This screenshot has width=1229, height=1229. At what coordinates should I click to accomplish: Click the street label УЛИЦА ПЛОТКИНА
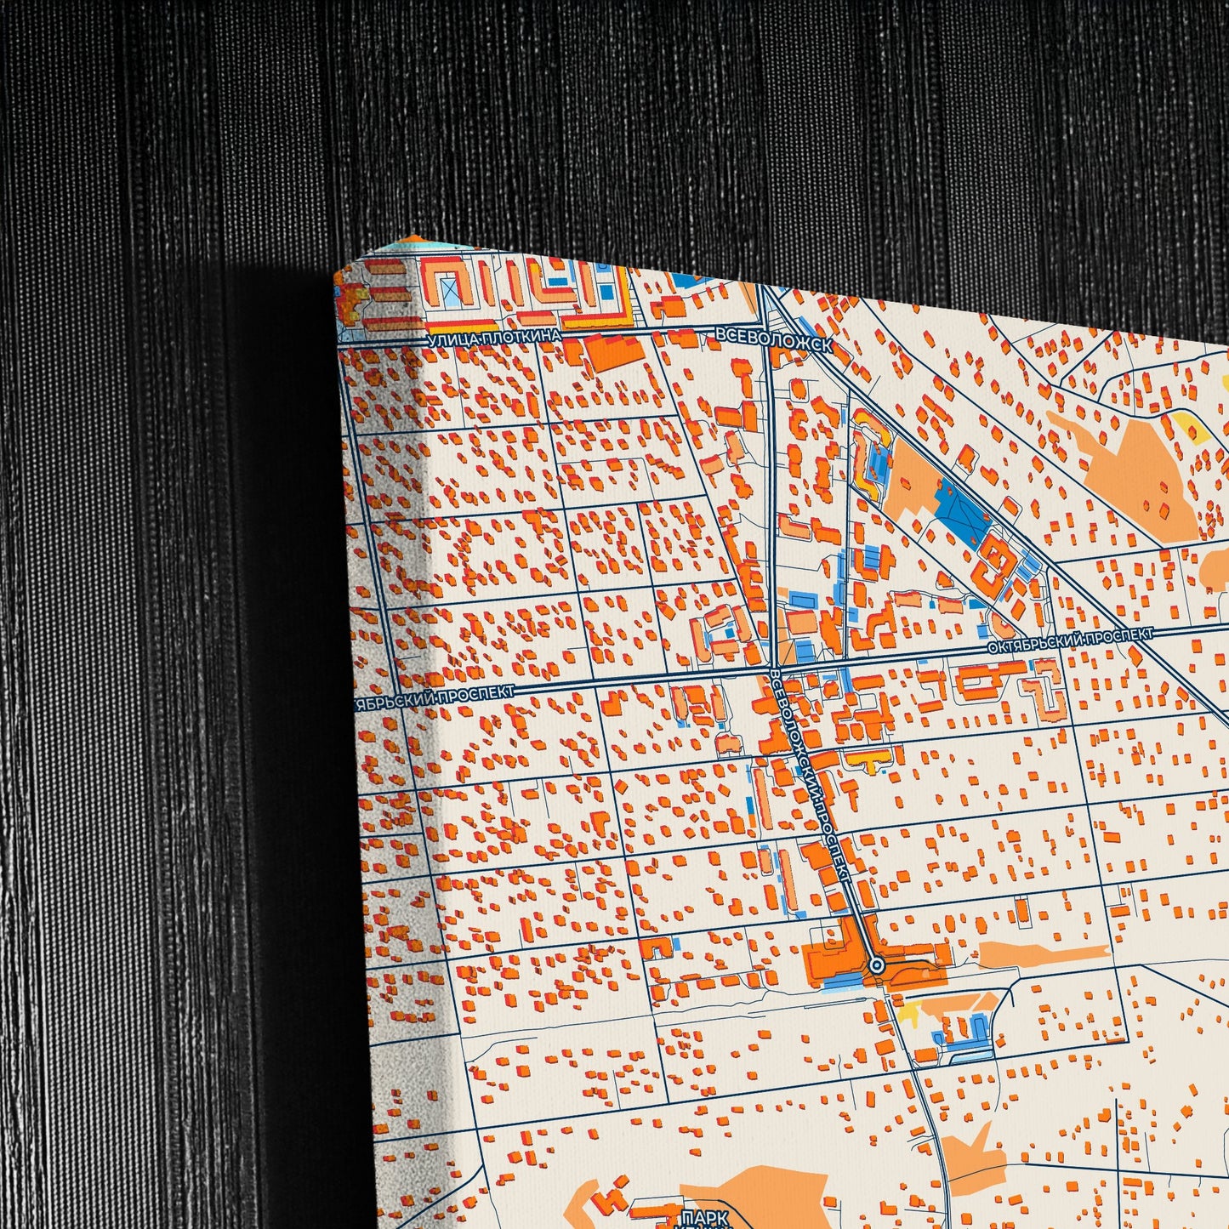point(494,338)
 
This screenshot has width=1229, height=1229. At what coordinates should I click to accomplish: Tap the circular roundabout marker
point(877,965)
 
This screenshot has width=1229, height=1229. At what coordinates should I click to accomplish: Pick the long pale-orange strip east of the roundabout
point(1044,953)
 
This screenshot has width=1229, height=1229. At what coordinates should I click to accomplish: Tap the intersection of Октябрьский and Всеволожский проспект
point(776,669)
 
